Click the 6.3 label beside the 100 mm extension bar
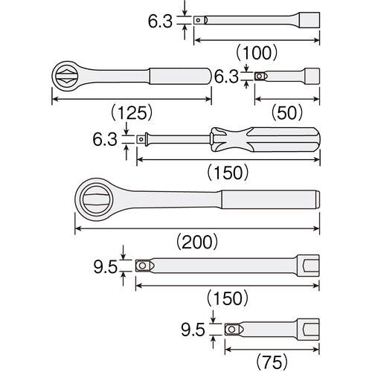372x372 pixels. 161,21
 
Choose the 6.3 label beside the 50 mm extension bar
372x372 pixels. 227,76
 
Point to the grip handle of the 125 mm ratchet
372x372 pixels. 179,76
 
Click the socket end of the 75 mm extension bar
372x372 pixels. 307,328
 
